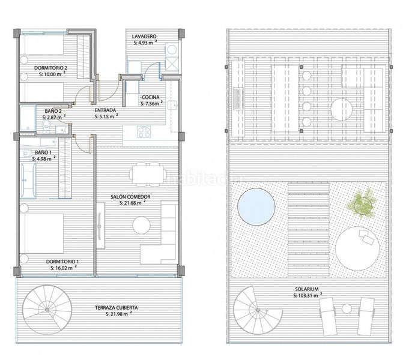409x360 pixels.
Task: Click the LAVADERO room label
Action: coord(144,37)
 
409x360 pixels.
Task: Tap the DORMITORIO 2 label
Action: coord(50,68)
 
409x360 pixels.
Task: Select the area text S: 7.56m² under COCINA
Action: coord(151,103)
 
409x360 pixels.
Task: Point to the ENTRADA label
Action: coord(105,110)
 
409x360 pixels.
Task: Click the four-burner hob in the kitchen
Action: coord(144,131)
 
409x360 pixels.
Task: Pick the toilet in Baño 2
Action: coord(46,125)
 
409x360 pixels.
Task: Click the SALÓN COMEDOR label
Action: coord(130,197)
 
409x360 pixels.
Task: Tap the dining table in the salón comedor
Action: coord(148,174)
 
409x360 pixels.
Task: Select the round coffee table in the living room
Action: coord(141,225)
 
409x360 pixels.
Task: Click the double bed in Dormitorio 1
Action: coord(41,233)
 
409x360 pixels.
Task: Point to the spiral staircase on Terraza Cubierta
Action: coord(47,310)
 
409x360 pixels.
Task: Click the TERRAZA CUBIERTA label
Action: coord(116,308)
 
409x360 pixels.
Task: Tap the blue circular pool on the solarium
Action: coord(256,207)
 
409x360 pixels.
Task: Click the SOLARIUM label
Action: coord(307,289)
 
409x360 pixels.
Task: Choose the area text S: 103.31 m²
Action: coord(308,295)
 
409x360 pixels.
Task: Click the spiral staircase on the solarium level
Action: coord(258,310)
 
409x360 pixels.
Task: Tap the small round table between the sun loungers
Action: coord(347,308)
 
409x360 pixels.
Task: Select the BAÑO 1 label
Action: coord(43,152)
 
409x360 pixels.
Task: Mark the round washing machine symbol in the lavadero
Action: coord(172,50)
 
